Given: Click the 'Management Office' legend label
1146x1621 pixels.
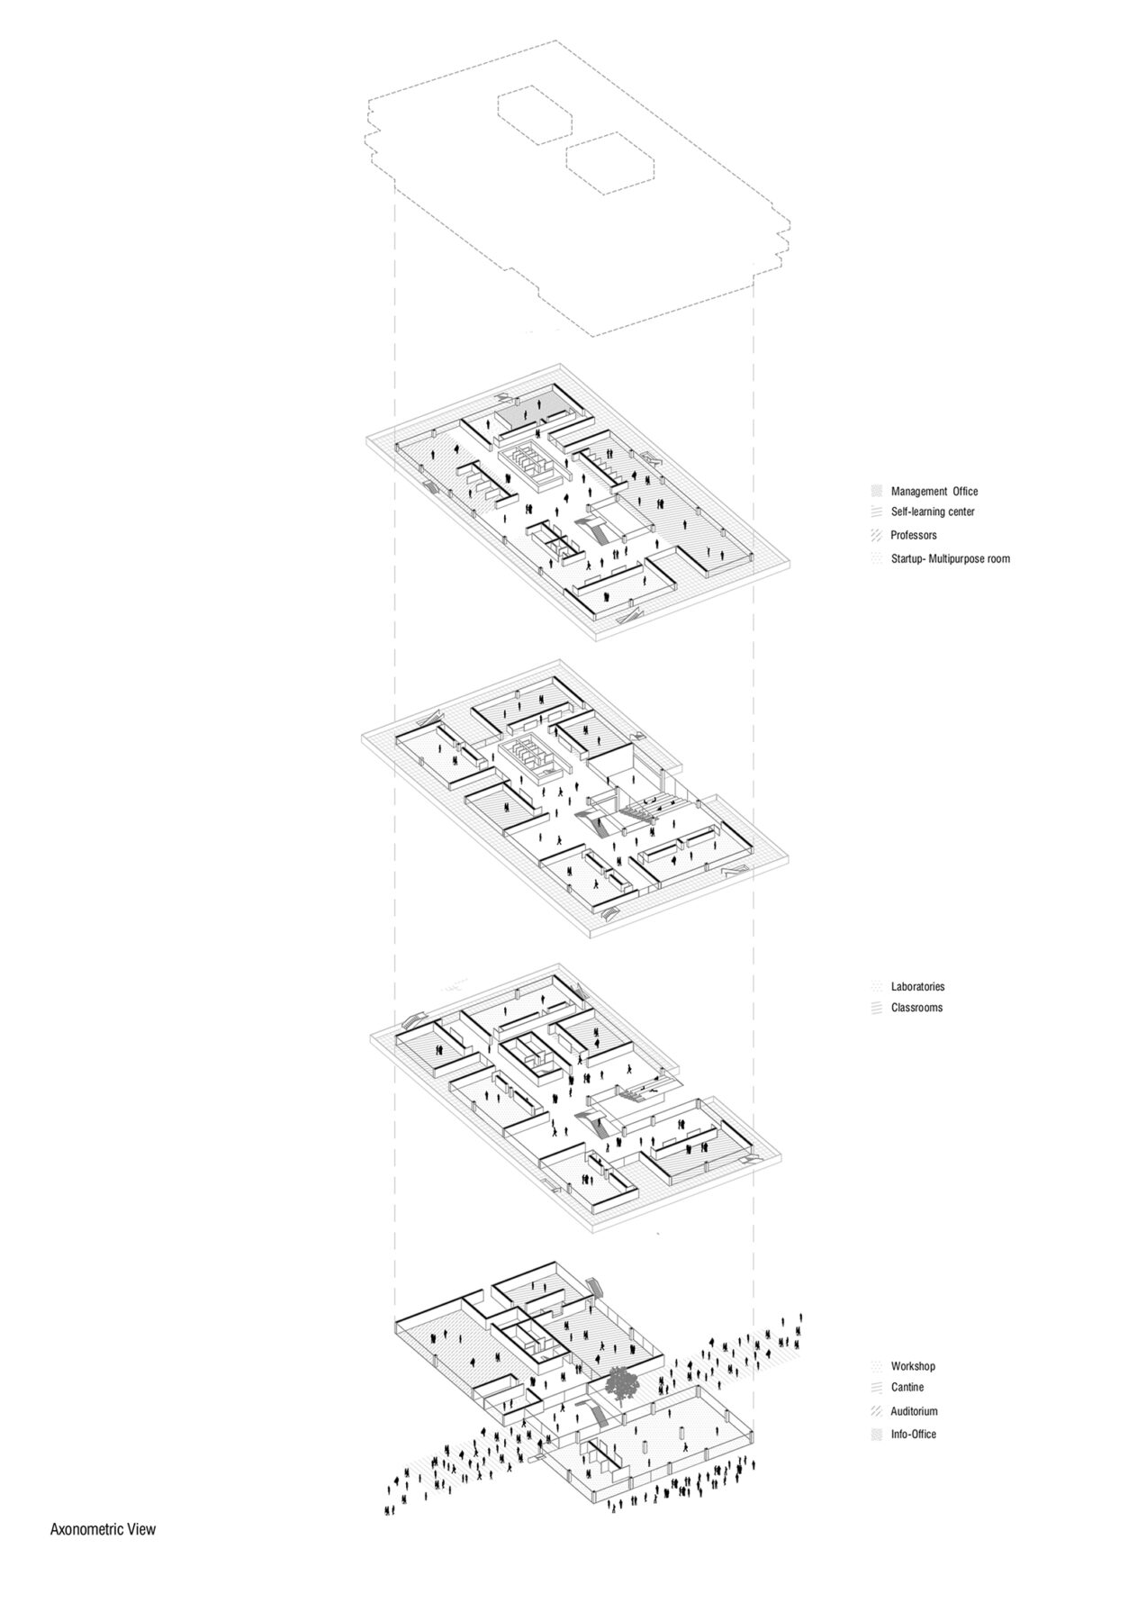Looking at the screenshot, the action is pos(934,492).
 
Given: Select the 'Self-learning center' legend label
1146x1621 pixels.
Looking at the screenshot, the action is pos(933,512).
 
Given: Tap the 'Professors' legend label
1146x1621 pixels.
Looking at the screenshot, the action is pos(914,536).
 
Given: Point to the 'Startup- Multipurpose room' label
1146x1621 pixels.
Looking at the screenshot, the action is pos(951,559).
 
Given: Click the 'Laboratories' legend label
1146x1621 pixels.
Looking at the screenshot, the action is pos(917,987).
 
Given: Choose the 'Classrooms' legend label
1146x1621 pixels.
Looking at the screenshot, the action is pos(916,1008).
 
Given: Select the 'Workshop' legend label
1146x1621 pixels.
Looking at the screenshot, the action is pos(913,1367).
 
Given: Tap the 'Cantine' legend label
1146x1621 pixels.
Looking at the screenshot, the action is pos(907,1388).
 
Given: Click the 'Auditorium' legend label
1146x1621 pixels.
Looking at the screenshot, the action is pos(915,1412).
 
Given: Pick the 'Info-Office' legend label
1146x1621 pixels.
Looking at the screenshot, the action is pos(913,1435).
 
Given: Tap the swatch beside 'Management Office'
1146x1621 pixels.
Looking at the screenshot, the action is pos(876,492).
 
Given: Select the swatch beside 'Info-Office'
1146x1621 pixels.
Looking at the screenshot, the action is pos(876,1435).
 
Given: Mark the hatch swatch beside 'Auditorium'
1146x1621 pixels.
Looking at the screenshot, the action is pos(876,1412).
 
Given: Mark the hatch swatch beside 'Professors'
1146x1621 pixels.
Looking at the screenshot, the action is pos(876,536).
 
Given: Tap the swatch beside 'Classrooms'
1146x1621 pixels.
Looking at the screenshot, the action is pos(876,1008).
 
